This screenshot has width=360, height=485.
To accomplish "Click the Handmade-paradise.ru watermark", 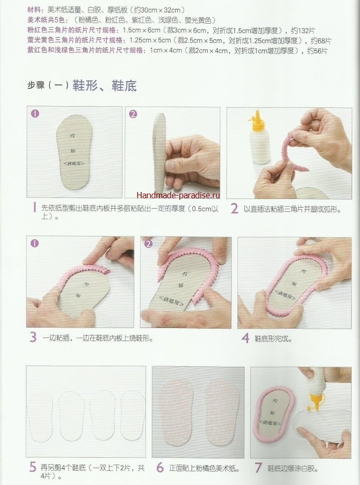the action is [178, 195].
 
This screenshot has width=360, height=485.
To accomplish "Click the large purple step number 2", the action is [234, 209].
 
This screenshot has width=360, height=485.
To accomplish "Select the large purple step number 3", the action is [33, 337].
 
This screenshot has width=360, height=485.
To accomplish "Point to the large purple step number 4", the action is [245, 338].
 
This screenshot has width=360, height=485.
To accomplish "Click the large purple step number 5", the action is [33, 467].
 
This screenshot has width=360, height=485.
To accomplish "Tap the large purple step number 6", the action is [160, 467].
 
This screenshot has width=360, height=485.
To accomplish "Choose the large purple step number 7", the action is [258, 468].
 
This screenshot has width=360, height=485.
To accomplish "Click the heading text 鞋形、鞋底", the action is [105, 85].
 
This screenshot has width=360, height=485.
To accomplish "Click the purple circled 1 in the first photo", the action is [35, 114].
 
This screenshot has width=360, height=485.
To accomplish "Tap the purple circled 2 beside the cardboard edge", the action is [133, 114].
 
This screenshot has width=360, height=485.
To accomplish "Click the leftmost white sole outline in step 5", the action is [40, 416].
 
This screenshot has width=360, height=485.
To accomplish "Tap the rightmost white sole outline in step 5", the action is [133, 415].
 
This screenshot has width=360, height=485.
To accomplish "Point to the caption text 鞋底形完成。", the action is [274, 339].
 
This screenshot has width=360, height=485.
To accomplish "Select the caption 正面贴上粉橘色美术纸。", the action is [205, 468].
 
